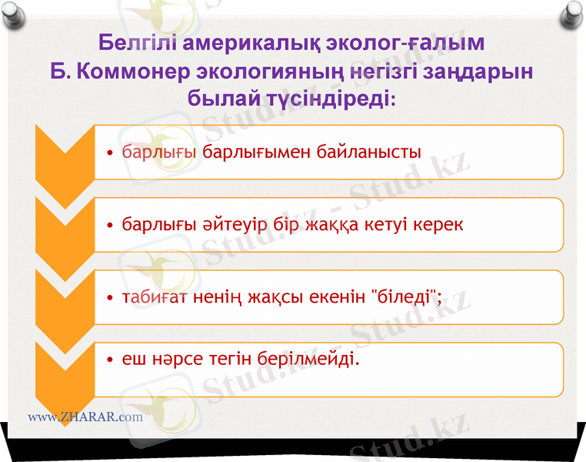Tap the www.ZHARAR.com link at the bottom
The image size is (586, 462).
tap(85, 417)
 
